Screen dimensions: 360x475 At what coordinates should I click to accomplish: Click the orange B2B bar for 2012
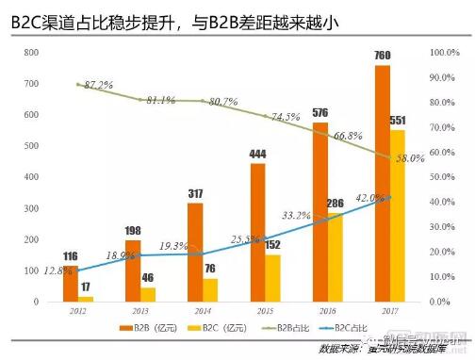click(72, 284)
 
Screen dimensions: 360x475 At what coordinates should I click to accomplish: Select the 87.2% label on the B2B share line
click(98, 85)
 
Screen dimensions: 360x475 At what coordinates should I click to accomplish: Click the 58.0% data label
click(412, 159)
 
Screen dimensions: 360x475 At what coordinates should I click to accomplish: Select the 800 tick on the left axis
click(31, 54)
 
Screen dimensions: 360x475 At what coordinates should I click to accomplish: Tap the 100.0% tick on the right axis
click(445, 54)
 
